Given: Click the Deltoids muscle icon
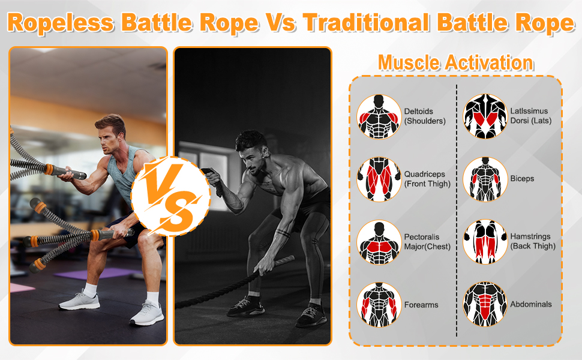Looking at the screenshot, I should pyautogui.click(x=379, y=116).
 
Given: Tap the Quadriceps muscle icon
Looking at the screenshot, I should pyautogui.click(x=379, y=179).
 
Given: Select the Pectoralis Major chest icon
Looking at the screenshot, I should pyautogui.click(x=379, y=242).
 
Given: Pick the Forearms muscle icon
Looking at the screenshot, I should pyautogui.click(x=379, y=305).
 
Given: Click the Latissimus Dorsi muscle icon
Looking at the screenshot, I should pyautogui.click(x=485, y=116).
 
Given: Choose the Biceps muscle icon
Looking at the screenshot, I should pyautogui.click(x=485, y=179).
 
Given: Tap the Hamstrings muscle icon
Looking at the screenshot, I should pyautogui.click(x=485, y=242).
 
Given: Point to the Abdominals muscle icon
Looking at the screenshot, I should pyautogui.click(x=485, y=305).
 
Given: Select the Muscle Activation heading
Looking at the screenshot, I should pyautogui.click(x=455, y=62).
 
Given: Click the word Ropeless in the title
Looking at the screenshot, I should pyautogui.click(x=61, y=23).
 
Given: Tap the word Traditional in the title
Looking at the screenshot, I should pyautogui.click(x=365, y=23).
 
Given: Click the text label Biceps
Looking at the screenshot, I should pyautogui.click(x=522, y=179).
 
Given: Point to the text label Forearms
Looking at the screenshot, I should pyautogui.click(x=421, y=305).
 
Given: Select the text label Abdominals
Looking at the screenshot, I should pyautogui.click(x=531, y=305).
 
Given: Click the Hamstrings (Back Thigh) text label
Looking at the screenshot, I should pyautogui.click(x=533, y=241).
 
